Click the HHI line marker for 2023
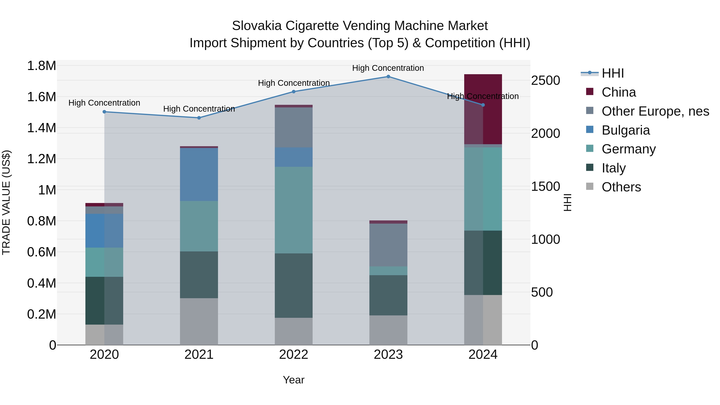pyautogui.click(x=388, y=77)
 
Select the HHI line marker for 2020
pyautogui.click(x=104, y=112)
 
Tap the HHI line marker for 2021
pyautogui.click(x=199, y=118)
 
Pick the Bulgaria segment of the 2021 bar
pyautogui.click(x=199, y=174)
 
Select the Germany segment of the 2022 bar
pyautogui.click(x=293, y=210)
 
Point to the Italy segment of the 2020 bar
pyautogui.click(x=104, y=301)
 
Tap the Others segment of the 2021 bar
pyautogui.click(x=199, y=321)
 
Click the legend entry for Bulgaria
pyautogui.click(x=626, y=130)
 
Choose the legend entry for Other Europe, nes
pyautogui.click(x=655, y=111)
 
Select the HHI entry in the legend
pyautogui.click(x=612, y=73)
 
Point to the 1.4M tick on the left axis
pyautogui.click(x=41, y=128)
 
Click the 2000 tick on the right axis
pyautogui.click(x=546, y=133)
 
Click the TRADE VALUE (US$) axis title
pyautogui.click(x=6, y=202)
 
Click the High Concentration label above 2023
pyautogui.click(x=388, y=68)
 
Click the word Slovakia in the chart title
pyautogui.click(x=257, y=26)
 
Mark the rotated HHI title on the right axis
pyautogui.click(x=567, y=202)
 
